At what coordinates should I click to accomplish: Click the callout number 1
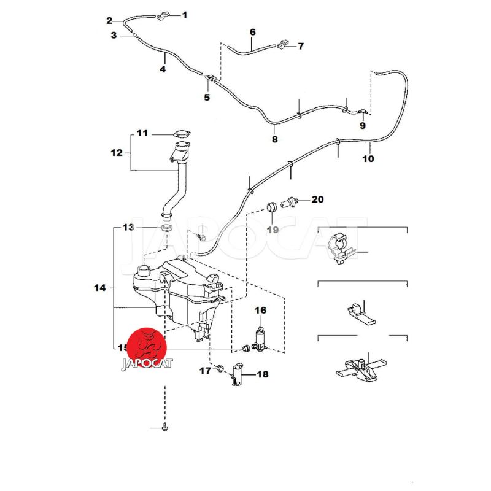point(185,14)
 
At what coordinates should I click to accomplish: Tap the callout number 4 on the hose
point(163,69)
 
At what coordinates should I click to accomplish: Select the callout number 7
point(301,46)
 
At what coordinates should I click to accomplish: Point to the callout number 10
point(368,158)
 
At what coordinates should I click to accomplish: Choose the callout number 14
point(99,287)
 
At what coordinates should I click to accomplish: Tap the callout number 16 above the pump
point(260,310)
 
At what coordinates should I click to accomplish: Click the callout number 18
point(262,374)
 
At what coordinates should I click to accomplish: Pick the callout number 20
point(317,199)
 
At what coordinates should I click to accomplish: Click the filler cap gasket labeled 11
point(182,134)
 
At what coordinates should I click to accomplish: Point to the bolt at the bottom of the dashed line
point(166,427)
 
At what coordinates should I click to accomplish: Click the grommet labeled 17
point(218,369)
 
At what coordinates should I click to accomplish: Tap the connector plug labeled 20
point(291,201)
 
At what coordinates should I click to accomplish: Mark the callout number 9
point(362,125)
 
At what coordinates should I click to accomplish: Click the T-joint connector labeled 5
point(211,79)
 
